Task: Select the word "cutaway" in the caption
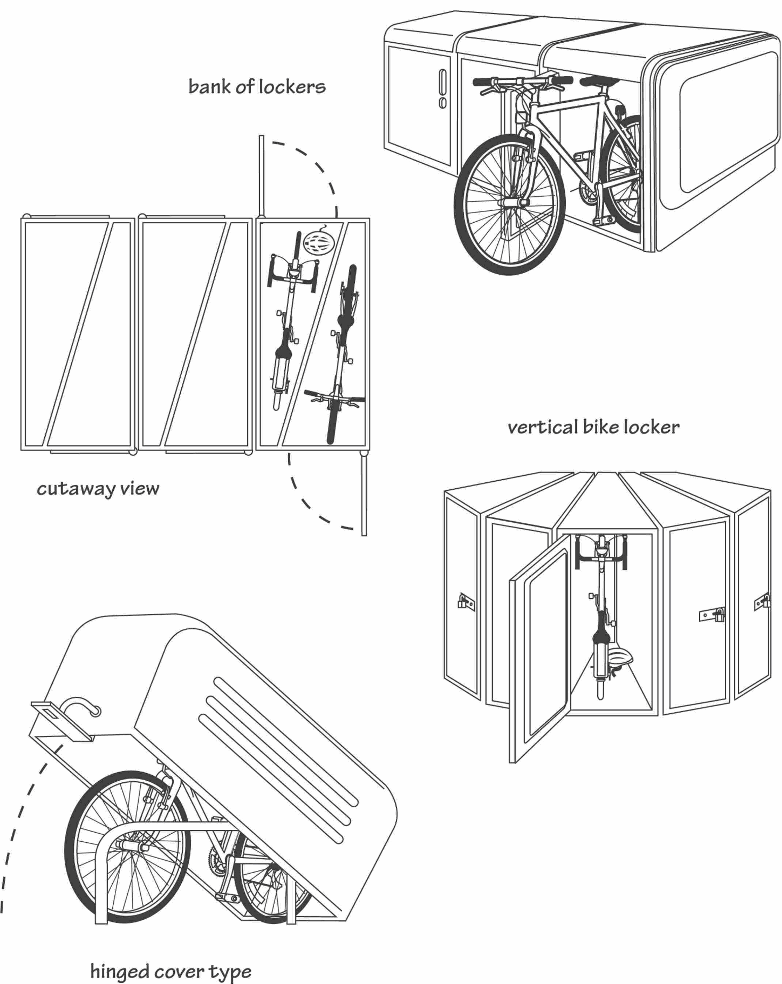pyautogui.click(x=76, y=489)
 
